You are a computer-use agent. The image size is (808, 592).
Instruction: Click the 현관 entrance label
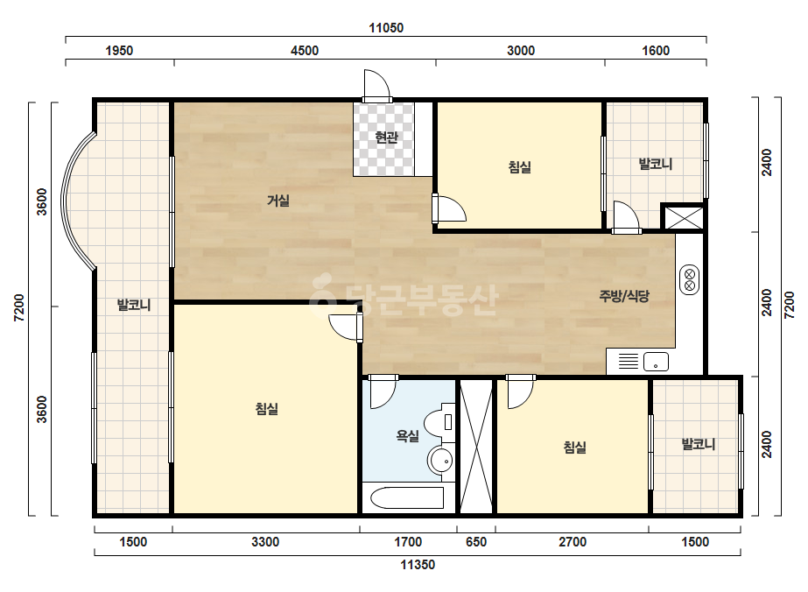386,137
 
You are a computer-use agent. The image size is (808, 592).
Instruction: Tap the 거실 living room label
278,201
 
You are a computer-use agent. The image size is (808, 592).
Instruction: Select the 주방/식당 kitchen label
624,296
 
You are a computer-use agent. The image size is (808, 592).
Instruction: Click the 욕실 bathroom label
408,436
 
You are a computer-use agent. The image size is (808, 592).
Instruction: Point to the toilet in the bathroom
441,423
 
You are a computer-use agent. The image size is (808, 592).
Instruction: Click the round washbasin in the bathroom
441,460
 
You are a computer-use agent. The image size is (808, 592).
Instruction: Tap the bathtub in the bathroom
407,497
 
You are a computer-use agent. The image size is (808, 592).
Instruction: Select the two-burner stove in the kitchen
690,279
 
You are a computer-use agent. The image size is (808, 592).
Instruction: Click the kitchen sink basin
656,362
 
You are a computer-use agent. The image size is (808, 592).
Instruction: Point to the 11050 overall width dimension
386,28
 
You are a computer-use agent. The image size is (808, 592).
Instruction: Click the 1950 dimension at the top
119,51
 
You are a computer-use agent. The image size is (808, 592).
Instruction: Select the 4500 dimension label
305,51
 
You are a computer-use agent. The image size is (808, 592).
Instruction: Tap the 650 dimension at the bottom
476,542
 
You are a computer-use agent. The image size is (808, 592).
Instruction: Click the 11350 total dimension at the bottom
418,565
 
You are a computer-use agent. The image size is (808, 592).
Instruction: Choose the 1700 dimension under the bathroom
408,542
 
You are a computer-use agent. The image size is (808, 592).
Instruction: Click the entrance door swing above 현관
376,84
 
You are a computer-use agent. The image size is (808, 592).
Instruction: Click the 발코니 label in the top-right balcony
656,164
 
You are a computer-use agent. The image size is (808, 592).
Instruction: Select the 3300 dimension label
265,542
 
